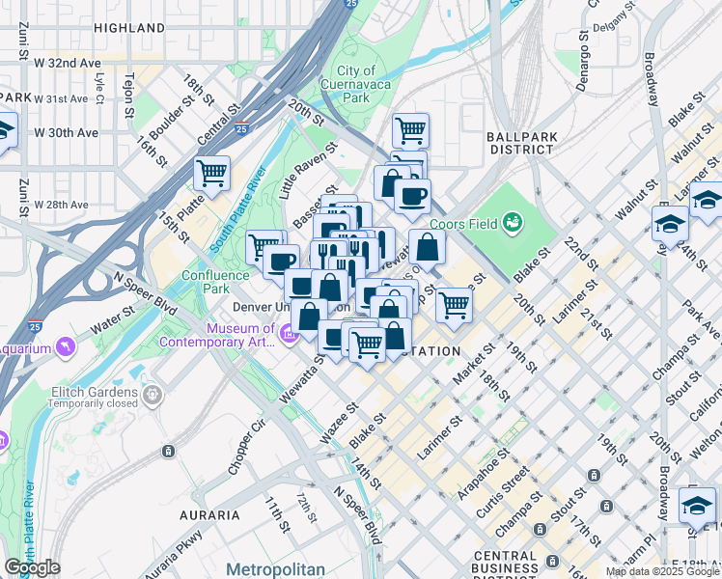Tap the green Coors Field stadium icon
click(514, 224)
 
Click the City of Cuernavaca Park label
click(356, 85)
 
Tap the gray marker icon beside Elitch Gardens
click(152, 395)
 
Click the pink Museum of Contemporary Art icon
click(288, 334)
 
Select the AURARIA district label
click(209, 515)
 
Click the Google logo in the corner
click(32, 567)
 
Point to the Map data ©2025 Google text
click(661, 571)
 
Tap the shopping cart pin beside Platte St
click(211, 174)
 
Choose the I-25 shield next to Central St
click(240, 128)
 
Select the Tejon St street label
click(128, 96)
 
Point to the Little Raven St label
click(308, 170)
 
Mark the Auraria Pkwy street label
click(180, 551)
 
